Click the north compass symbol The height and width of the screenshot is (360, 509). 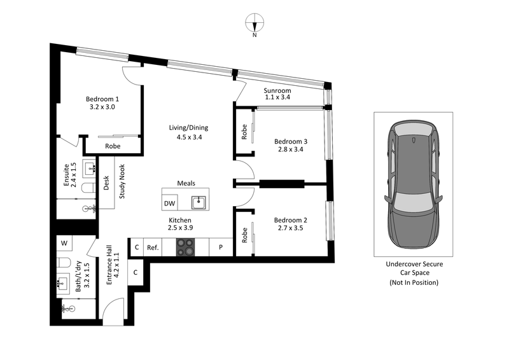pos(254,24)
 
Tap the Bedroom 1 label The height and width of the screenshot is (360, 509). pos(102,99)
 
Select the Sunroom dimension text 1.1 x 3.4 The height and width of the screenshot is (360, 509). pos(277,98)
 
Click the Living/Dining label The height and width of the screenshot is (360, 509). pos(188,127)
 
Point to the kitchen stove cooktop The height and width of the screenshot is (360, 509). pos(187,247)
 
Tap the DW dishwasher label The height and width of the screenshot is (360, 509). pos(169,204)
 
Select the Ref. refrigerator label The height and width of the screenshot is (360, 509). pos(153,247)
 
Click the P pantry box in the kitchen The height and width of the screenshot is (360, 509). pos(220,247)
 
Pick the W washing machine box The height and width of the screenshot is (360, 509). pos(64,243)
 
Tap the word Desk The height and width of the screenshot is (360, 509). pos(107,183)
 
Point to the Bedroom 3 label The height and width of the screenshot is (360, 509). pos(291,141)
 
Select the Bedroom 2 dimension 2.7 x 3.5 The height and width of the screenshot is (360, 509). pos(290,228)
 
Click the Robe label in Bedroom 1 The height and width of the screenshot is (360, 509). pos(113,146)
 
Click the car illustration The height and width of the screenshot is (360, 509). pos(413,184)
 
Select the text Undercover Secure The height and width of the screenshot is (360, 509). pos(414,264)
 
